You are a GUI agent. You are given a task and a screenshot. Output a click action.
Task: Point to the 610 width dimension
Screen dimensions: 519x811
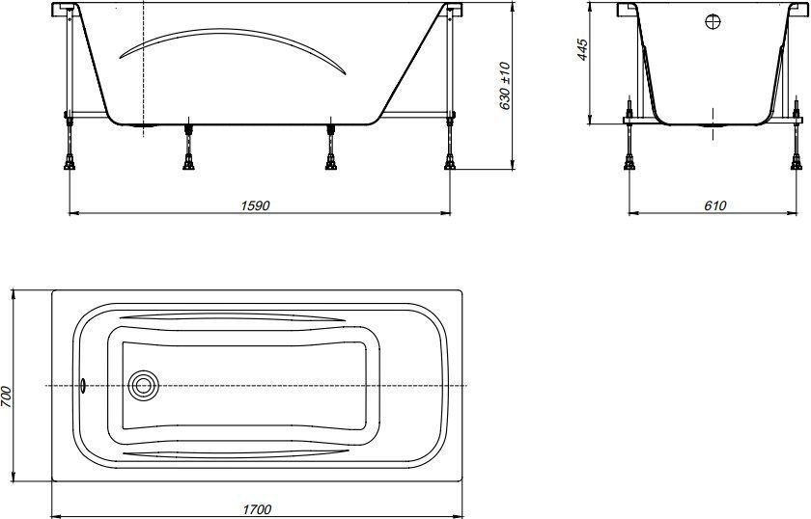click(714, 206)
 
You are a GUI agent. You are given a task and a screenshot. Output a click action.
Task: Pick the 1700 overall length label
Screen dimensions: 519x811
click(258, 509)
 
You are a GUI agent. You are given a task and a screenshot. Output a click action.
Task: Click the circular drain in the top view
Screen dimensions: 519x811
click(144, 387)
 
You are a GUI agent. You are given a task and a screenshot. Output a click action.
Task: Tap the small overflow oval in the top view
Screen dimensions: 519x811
click(84, 387)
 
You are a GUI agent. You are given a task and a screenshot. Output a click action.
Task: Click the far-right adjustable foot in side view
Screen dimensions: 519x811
click(450, 154)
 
